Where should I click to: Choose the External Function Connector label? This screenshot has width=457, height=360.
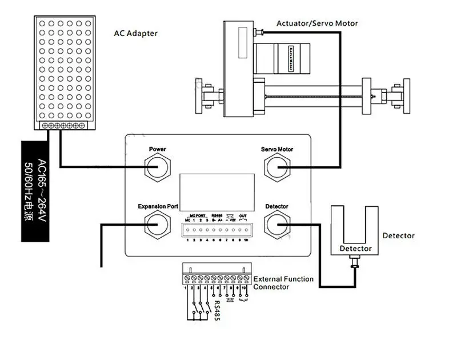coord(283,283)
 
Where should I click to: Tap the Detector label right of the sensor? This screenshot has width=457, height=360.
coord(398,235)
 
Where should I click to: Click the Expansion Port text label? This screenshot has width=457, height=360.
coord(157,206)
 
